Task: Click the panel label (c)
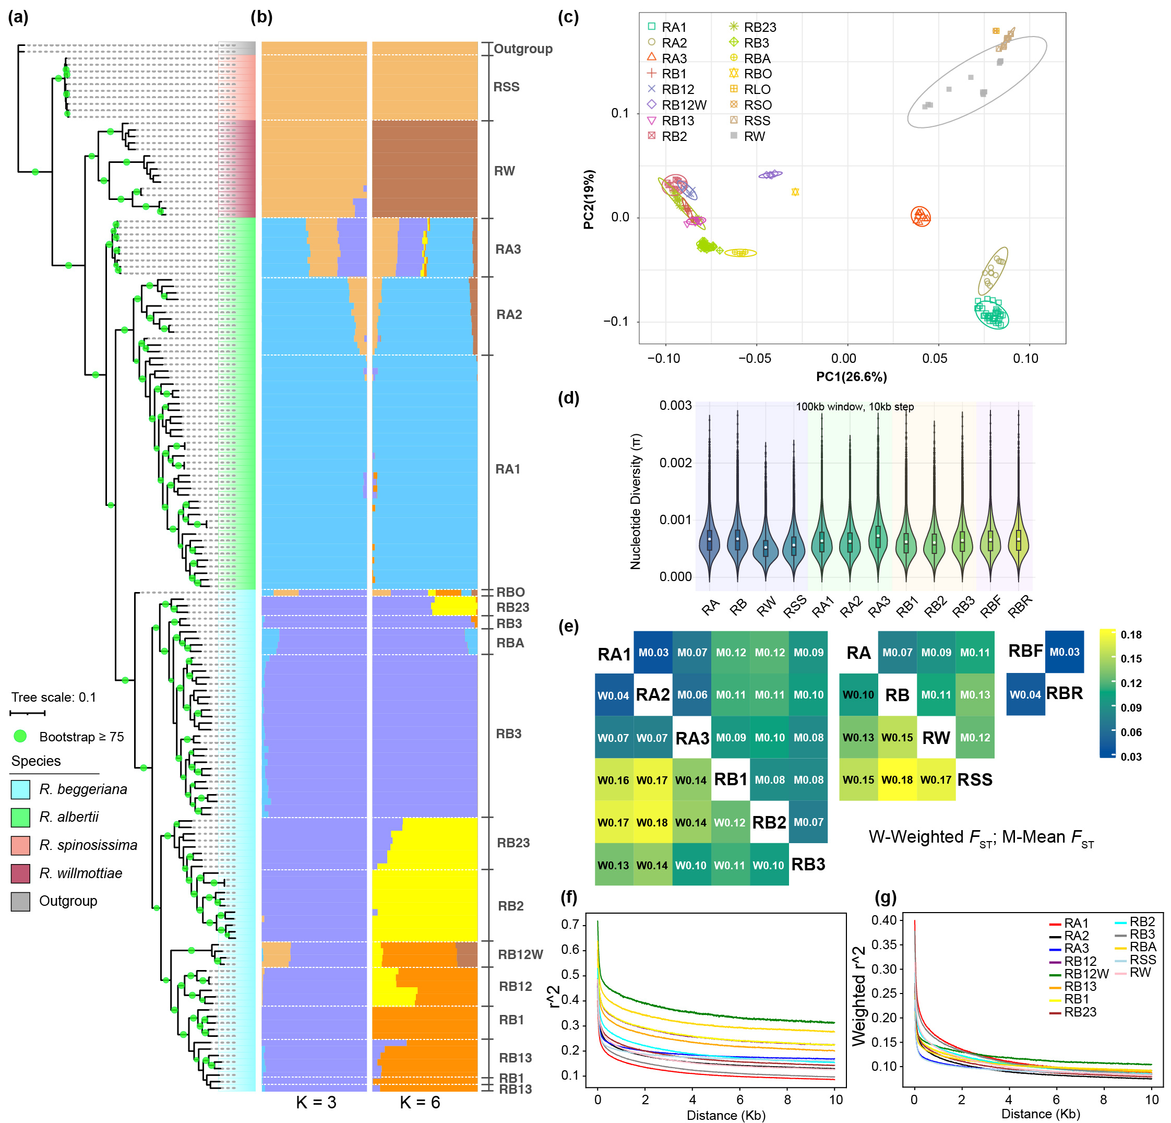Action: [x=568, y=17]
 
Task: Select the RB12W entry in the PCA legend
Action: [x=684, y=105]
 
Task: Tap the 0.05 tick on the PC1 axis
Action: [x=935, y=359]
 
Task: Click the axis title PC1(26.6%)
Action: [x=851, y=377]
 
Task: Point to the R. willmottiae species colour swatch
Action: [x=20, y=873]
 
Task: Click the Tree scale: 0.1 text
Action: [x=54, y=697]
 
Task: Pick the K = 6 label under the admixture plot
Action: [x=420, y=1103]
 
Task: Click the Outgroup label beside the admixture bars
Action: [x=523, y=49]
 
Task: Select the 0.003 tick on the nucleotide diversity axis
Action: [x=675, y=406]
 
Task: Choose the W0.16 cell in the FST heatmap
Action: [x=614, y=780]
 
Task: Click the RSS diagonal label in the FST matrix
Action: [x=974, y=780]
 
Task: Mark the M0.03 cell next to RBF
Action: [x=1064, y=652]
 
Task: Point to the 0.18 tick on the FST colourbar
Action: [x=1130, y=635]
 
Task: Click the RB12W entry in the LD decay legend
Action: [x=1085, y=974]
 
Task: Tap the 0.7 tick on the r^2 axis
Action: [x=570, y=925]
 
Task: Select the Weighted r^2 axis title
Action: [x=859, y=996]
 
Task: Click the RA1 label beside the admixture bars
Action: [x=508, y=469]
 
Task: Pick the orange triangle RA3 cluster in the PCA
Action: [x=921, y=216]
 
